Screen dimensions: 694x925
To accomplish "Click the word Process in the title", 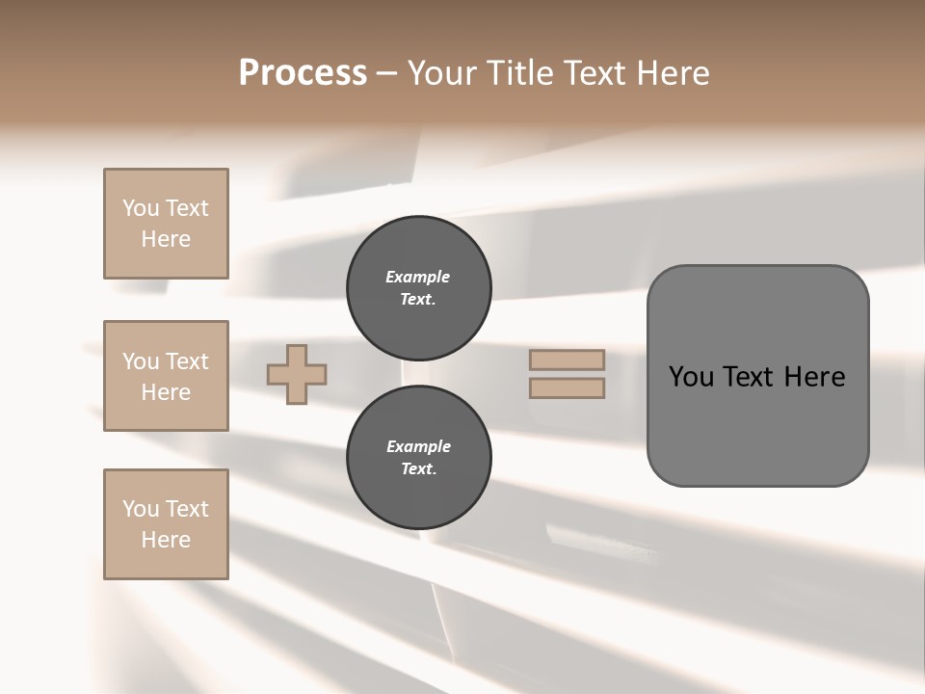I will (303, 73).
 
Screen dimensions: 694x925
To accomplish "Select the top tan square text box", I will (166, 224).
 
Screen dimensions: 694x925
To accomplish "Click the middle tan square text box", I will (166, 376).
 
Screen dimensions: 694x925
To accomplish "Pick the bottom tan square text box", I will (166, 524).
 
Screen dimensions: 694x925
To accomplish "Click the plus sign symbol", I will (297, 374).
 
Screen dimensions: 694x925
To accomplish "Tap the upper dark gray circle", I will (418, 287).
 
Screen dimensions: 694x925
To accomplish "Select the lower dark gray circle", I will (418, 457).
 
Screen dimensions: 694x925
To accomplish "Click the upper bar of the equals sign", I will (567, 360).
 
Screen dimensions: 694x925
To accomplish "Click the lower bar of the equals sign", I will (567, 387).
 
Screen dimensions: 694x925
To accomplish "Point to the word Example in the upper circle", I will (418, 277).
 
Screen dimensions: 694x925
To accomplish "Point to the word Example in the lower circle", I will (418, 446).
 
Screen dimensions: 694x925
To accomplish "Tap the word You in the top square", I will (141, 208).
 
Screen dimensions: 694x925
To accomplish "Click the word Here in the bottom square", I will (166, 540).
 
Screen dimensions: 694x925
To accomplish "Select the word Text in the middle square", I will (186, 361).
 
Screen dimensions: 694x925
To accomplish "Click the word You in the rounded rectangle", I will (690, 377).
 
